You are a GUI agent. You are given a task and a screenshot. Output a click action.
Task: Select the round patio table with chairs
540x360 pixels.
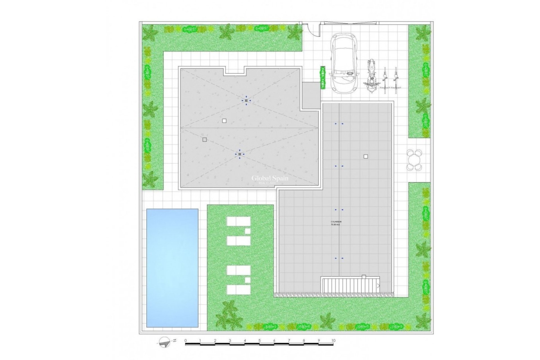414,160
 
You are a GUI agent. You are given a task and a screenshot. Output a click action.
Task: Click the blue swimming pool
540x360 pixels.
172,268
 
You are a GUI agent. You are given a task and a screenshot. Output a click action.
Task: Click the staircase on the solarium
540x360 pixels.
350,285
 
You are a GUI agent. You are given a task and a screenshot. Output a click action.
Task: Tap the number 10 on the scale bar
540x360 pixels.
333,341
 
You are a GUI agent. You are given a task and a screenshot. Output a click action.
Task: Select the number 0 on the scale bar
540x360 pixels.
186,341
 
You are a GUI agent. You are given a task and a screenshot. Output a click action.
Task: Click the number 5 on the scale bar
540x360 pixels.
260,341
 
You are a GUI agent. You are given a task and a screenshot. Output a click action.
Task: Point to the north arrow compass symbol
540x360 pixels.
165,342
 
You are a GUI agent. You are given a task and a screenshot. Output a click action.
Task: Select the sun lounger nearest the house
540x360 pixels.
238,221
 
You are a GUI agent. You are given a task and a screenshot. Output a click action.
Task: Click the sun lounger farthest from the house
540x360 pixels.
238,290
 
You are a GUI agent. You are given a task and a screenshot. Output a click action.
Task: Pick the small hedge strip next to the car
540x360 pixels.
323,78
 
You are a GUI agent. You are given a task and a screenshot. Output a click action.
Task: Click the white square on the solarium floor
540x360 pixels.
366,157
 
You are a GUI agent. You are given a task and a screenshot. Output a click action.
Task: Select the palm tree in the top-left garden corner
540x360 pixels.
150,33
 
